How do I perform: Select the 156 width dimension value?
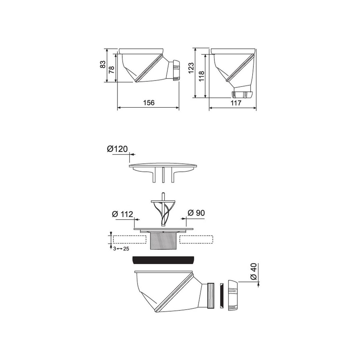[x=149, y=103]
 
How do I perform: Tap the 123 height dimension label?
[x=191, y=68]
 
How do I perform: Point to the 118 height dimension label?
[x=202, y=76]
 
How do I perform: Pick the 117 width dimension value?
[x=236, y=103]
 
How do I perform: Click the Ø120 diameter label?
[x=117, y=149]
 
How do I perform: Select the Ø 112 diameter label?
[x=122, y=214]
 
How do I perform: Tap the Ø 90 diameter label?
[x=196, y=213]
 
